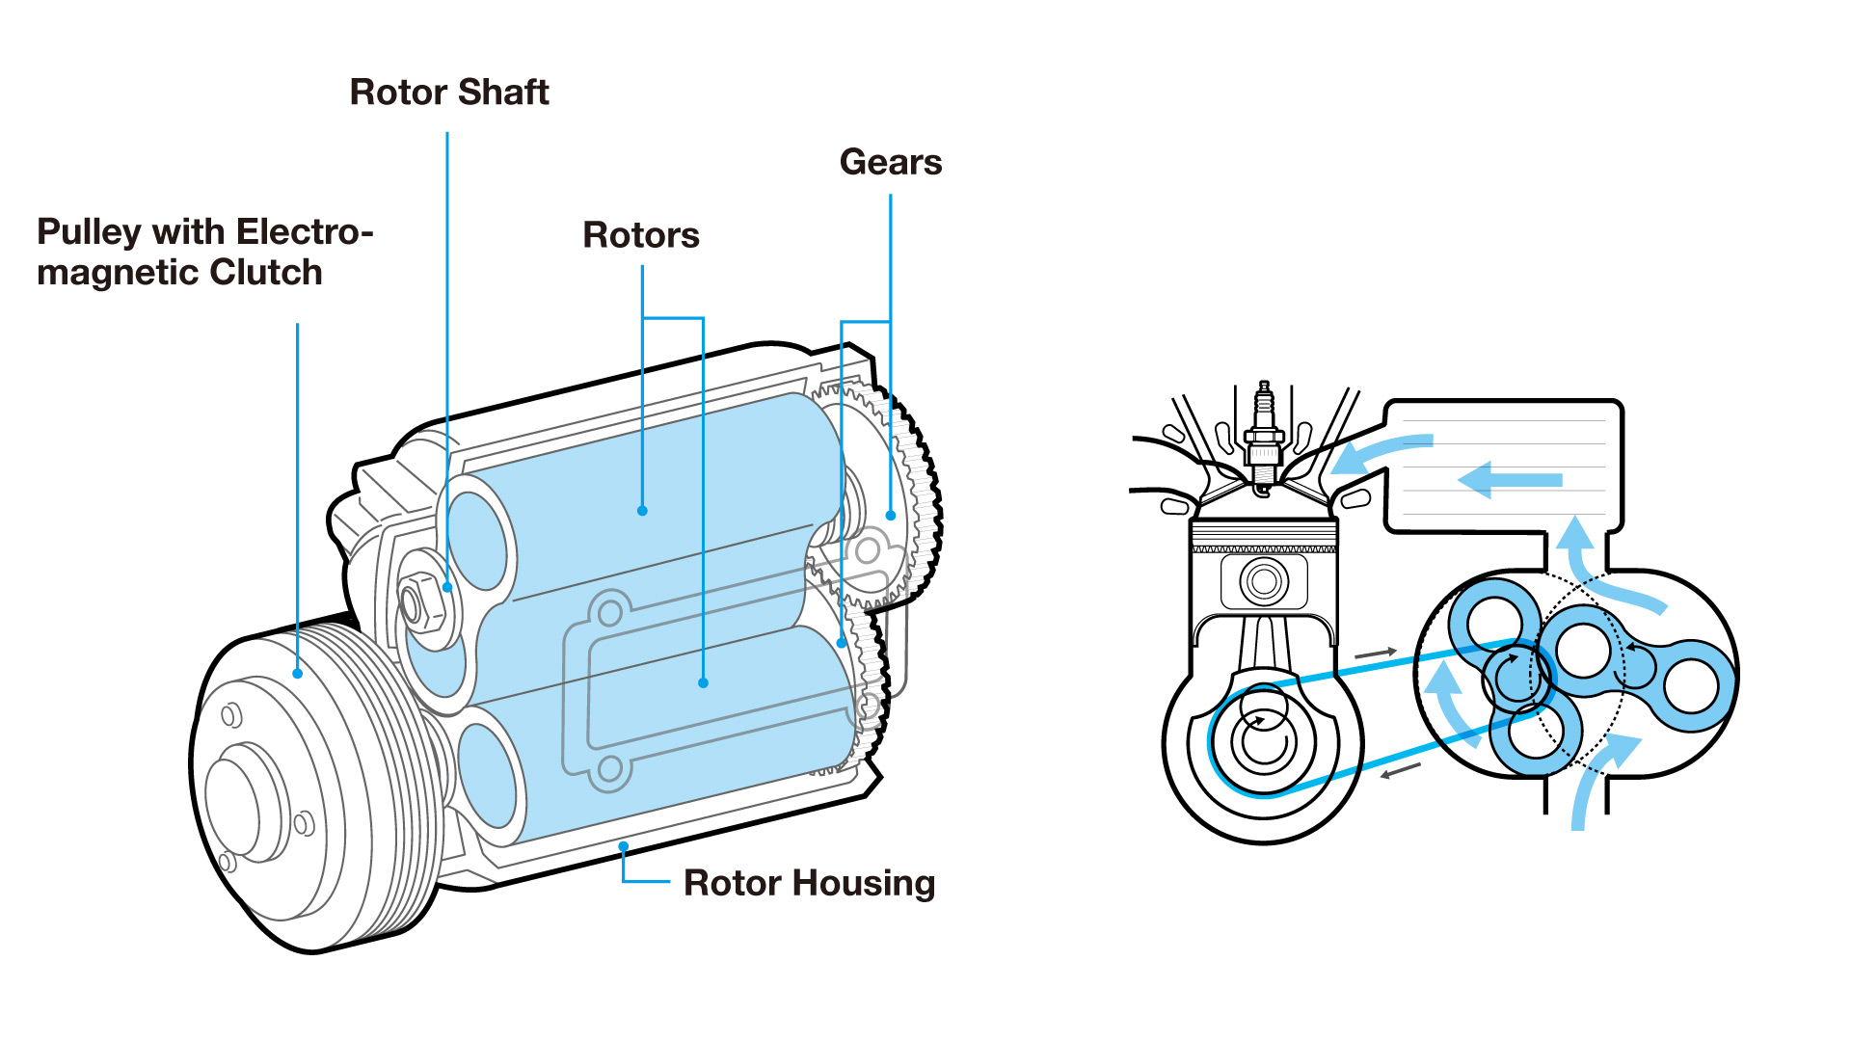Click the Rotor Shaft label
(449, 93)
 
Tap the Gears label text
(891, 162)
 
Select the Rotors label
(641, 235)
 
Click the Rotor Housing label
(809, 883)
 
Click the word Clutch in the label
(266, 273)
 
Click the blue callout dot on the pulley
(298, 674)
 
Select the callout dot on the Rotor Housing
(624, 846)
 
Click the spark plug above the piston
(1264, 434)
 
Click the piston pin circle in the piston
(1264, 581)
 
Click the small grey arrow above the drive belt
(1376, 654)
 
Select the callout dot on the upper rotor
(642, 511)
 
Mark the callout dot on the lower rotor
(704, 682)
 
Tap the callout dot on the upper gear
(891, 516)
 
